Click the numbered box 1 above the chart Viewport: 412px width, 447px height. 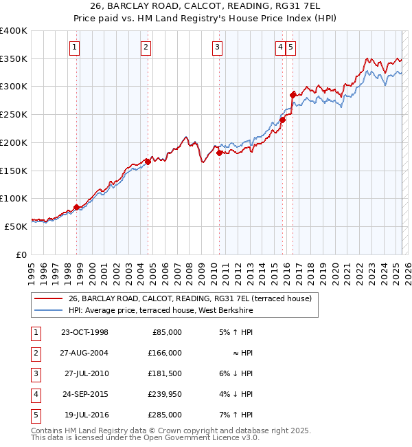coord(74,47)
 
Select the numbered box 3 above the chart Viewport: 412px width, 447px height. coord(217,47)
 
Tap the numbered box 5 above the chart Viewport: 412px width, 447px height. coord(291,47)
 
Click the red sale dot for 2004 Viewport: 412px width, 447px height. coord(148,162)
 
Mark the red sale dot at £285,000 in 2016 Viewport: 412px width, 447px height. coord(293,94)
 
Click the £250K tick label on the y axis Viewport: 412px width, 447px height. coord(14,115)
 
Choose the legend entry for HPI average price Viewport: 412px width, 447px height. coord(161,311)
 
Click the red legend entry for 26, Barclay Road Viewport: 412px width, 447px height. coord(190,298)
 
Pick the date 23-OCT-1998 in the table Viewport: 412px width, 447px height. coord(84,332)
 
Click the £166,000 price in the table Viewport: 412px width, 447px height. coord(165,353)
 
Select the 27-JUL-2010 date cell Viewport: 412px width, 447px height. coord(86,373)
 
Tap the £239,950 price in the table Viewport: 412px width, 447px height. coord(165,394)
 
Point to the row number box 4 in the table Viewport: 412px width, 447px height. coord(35,394)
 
